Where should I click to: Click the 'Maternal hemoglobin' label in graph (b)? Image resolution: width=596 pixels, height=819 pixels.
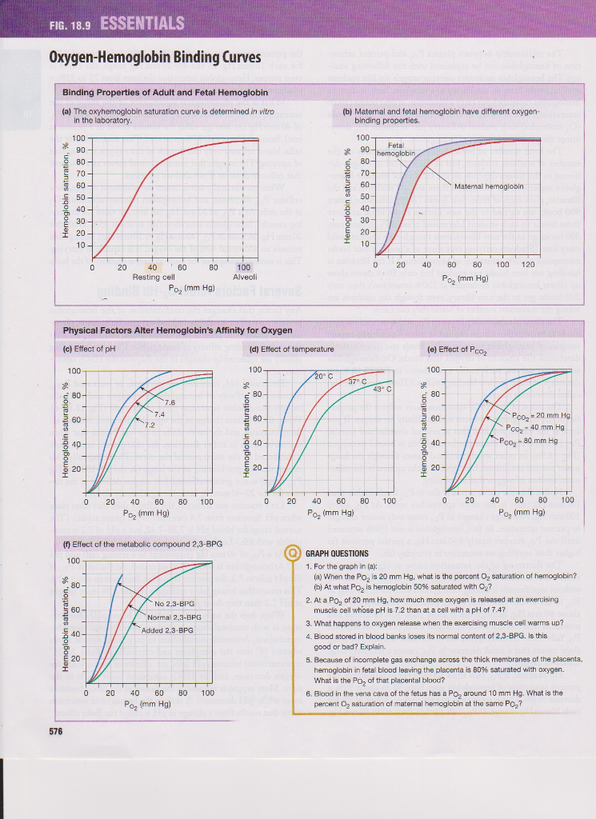pyautogui.click(x=487, y=186)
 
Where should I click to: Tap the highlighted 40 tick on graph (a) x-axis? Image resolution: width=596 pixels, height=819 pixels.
pyautogui.click(x=152, y=267)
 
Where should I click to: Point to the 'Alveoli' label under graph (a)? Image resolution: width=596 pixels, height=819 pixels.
pyautogui.click(x=243, y=277)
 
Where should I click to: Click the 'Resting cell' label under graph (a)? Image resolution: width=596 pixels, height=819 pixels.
pyautogui.click(x=153, y=277)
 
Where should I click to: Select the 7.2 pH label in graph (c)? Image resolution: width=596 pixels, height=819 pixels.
pyautogui.click(x=150, y=425)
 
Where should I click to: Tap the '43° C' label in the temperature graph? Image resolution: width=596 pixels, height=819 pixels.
pyautogui.click(x=386, y=389)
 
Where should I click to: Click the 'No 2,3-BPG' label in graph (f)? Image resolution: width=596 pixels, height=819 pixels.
pyautogui.click(x=174, y=603)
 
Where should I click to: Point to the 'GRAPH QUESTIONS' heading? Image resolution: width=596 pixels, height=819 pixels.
pyautogui.click(x=337, y=553)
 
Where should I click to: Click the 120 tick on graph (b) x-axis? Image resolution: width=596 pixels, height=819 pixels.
pyautogui.click(x=527, y=265)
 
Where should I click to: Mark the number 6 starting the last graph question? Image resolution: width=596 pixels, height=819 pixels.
pyautogui.click(x=308, y=693)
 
